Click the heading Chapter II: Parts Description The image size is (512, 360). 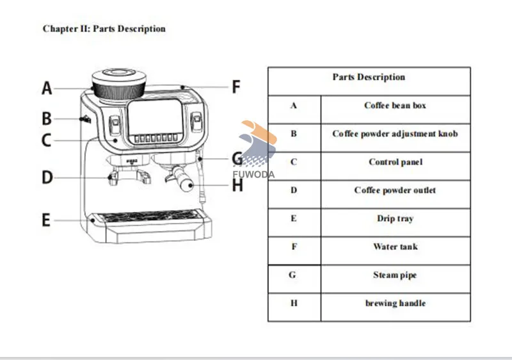[104, 29]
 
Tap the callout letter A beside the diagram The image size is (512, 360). [47, 88]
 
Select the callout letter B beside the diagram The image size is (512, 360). [47, 119]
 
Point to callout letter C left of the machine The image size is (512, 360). [47, 140]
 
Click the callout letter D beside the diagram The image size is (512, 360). [47, 177]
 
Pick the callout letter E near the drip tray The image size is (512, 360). [46, 220]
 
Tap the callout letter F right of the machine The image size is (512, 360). [236, 86]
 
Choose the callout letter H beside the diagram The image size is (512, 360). [237, 186]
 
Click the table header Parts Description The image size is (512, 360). [369, 78]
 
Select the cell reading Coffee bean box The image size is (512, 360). [395, 106]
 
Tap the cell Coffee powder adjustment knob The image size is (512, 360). [395, 134]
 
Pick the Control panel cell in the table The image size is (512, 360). [395, 162]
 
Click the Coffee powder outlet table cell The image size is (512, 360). [395, 190]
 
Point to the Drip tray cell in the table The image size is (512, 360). [395, 218]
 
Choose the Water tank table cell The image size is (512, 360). [395, 247]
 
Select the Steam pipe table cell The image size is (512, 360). [395, 275]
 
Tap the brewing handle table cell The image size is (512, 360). [395, 303]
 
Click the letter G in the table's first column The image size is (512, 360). [293, 275]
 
